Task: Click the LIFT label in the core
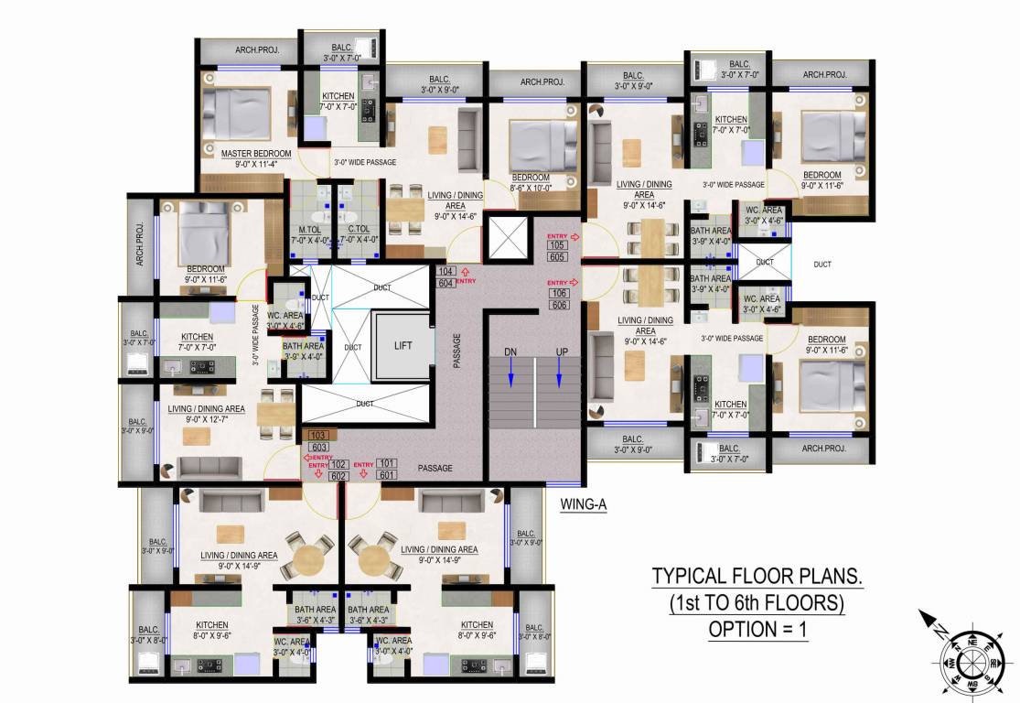point(403,344)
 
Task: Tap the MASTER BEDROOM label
point(256,153)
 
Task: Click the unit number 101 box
point(387,464)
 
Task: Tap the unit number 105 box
point(557,245)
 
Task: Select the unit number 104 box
point(446,272)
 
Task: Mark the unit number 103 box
point(319,436)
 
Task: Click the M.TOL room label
point(308,229)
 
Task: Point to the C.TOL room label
point(359,229)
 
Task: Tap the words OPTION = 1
point(757,630)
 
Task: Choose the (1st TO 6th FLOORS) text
point(757,603)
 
